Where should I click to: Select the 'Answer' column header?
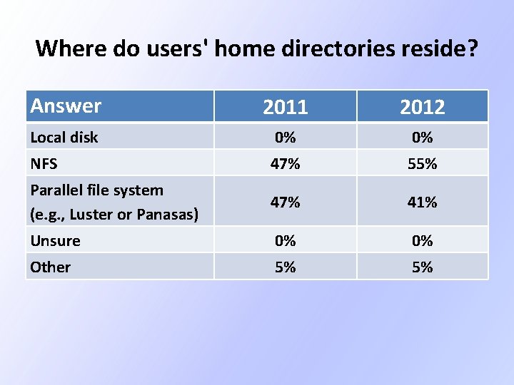coord(66,106)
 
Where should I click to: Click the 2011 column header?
coord(286,107)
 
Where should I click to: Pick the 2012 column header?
coord(423,107)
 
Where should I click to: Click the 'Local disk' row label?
coord(64,137)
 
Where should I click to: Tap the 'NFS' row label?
coord(44,164)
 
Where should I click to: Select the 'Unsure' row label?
coord(55,241)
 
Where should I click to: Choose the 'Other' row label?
coord(50,267)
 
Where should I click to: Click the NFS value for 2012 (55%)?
coord(423,164)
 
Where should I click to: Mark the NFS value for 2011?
coord(286,164)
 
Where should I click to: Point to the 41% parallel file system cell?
coord(423,202)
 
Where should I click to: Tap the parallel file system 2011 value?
coord(286,202)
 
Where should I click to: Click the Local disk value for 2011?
coord(286,137)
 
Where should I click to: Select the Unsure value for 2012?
coord(423,241)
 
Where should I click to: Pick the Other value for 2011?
coord(286,267)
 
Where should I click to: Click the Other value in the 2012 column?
coord(423,267)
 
